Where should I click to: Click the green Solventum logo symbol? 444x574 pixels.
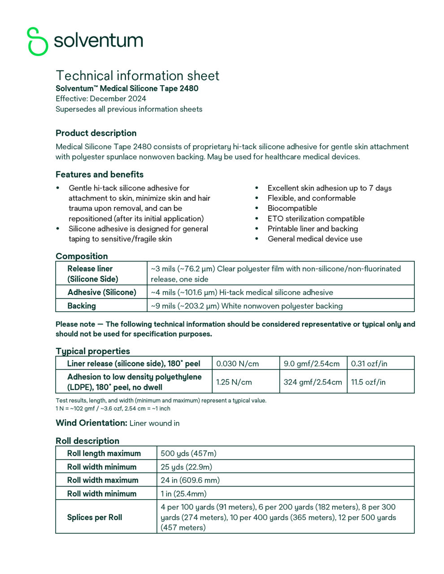[x=37, y=41]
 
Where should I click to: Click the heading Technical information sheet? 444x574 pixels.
[x=137, y=75]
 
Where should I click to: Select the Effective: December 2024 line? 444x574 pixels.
[x=101, y=99]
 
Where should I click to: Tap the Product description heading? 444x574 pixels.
[x=96, y=133]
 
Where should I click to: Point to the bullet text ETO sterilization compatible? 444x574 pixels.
[x=316, y=219]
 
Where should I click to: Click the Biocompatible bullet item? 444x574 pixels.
[x=292, y=209]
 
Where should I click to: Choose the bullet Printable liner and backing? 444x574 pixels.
[x=313, y=229]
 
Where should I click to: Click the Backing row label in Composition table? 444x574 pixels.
[x=81, y=306]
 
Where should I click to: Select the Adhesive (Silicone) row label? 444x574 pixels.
[x=101, y=292]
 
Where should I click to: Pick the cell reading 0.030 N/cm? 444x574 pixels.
[x=237, y=364]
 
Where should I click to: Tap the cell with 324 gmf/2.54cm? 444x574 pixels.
[x=313, y=382]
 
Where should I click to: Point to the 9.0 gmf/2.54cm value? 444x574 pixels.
[x=311, y=364]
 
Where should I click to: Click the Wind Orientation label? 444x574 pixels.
[x=91, y=423]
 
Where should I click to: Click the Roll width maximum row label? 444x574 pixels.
[x=102, y=480]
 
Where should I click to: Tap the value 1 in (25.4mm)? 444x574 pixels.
[x=183, y=494]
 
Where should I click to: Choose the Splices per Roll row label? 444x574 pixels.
[x=94, y=517]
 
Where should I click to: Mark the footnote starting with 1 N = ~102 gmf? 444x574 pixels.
[x=113, y=409]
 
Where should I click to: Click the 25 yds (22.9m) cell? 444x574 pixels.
[x=186, y=467]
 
